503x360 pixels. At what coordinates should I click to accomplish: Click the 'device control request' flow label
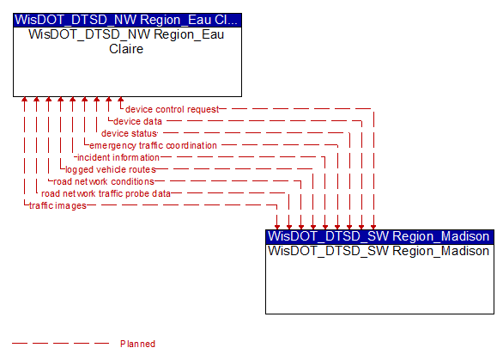tap(172, 109)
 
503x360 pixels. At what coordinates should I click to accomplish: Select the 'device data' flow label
tap(137, 121)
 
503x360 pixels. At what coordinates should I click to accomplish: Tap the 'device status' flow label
tap(129, 133)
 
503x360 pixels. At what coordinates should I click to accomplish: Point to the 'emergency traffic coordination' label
tap(153, 145)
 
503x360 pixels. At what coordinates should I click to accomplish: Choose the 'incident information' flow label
tap(118, 157)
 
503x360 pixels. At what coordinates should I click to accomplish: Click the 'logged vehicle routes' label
tap(111, 169)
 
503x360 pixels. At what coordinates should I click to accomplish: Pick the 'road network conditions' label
tap(104, 181)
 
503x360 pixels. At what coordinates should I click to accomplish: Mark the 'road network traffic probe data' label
tap(106, 193)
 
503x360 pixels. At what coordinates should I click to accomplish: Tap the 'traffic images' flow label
tap(58, 205)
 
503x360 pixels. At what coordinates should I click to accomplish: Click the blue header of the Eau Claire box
tap(127, 20)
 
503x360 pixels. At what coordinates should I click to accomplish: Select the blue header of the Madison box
tap(379, 236)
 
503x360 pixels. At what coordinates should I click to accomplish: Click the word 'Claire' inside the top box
tap(126, 49)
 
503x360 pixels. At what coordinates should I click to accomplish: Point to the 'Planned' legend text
tap(137, 344)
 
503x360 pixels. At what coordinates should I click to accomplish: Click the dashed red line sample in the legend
tap(60, 344)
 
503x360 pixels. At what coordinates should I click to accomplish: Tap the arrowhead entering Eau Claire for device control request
tap(121, 100)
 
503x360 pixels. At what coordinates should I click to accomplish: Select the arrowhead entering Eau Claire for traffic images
tap(24, 100)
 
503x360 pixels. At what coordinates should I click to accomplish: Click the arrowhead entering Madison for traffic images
tap(277, 227)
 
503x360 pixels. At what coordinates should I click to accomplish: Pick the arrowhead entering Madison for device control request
tap(373, 227)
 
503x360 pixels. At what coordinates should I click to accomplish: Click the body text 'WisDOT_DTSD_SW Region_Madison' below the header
tap(379, 251)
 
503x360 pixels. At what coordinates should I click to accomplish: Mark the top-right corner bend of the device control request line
tap(373, 109)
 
